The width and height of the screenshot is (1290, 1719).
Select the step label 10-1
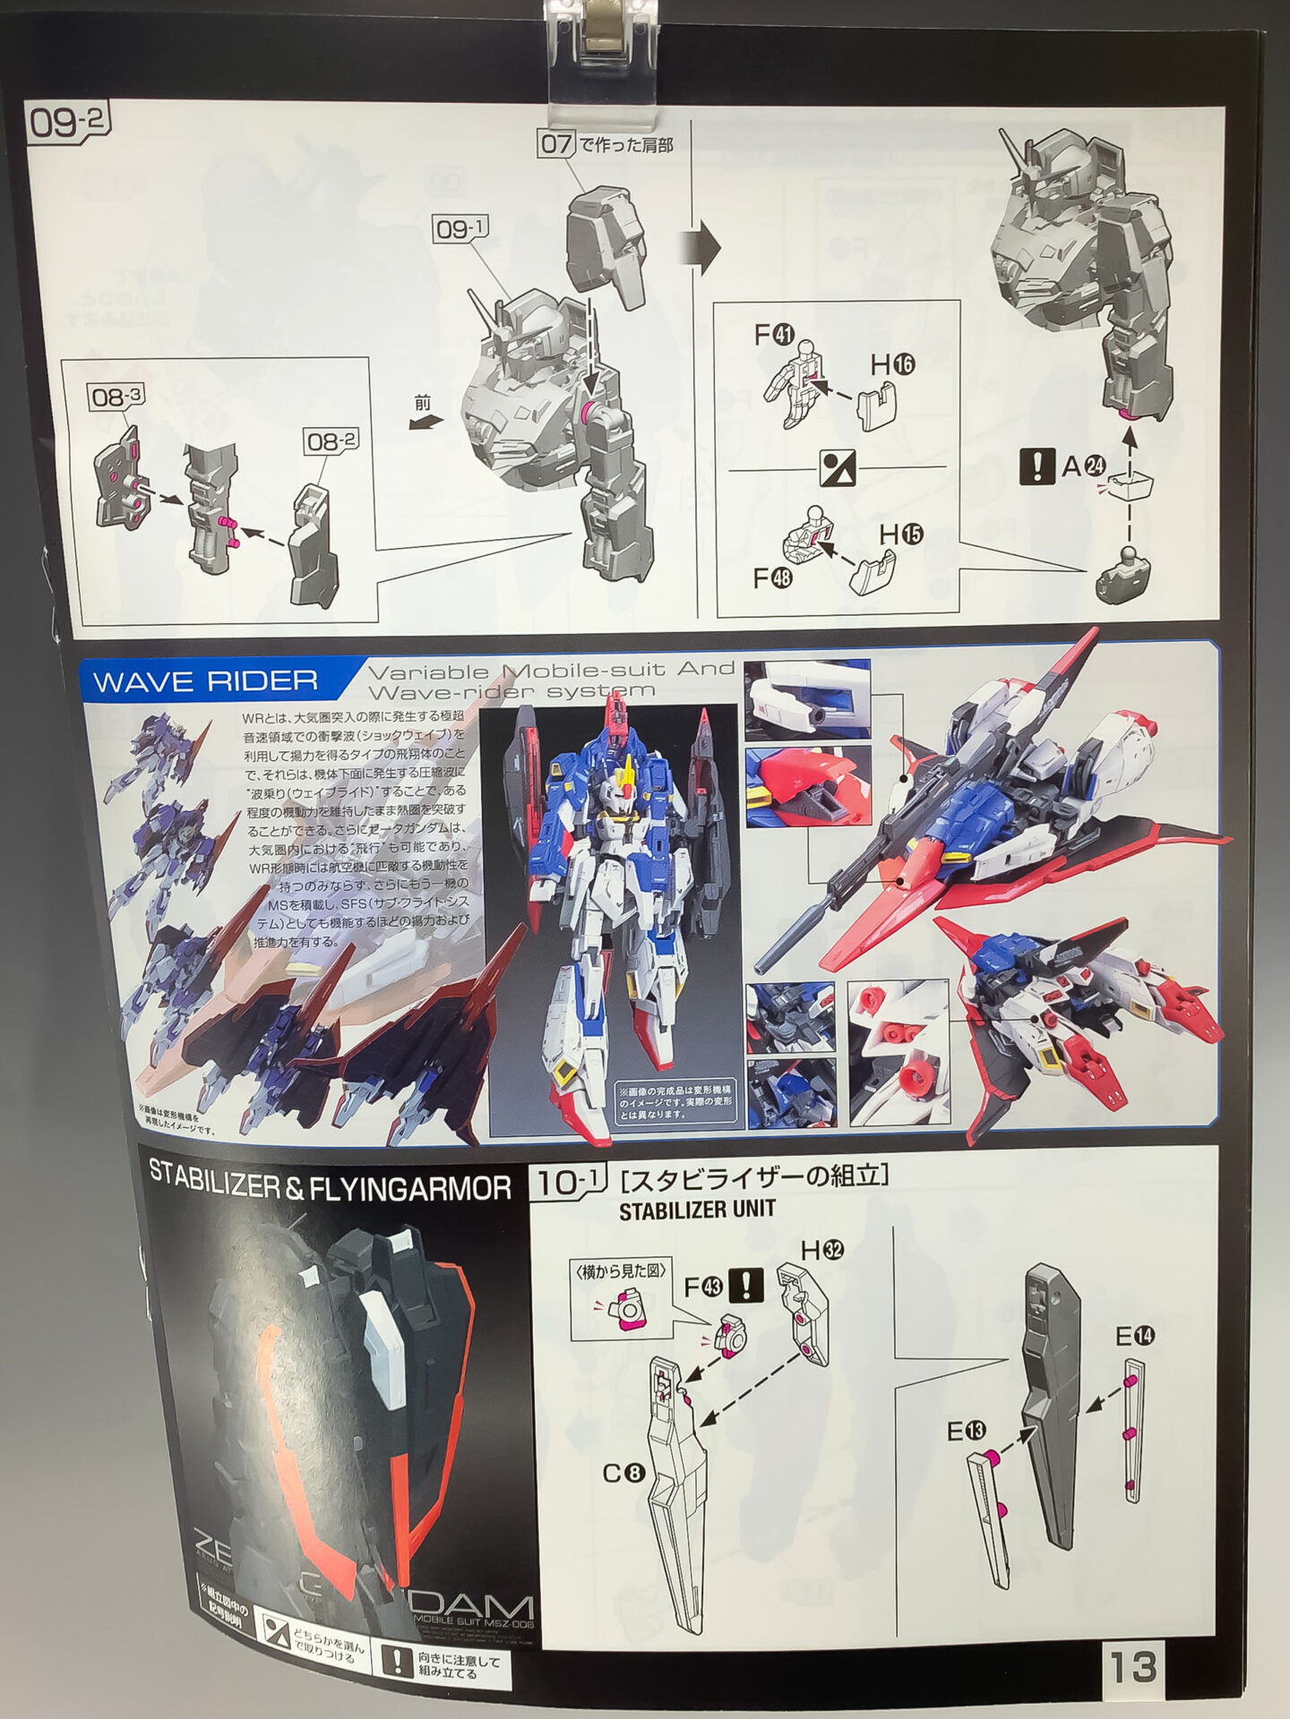tap(567, 1184)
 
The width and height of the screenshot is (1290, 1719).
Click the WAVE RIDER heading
tap(205, 681)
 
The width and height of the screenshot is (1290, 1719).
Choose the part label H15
tap(900, 535)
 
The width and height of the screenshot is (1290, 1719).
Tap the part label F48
tap(773, 578)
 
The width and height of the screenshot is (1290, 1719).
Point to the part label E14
tap(1135, 1337)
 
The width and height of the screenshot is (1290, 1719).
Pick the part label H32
tap(822, 1251)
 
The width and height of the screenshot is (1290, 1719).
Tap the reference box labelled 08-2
tap(331, 441)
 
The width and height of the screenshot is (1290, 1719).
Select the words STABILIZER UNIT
tap(697, 1210)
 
